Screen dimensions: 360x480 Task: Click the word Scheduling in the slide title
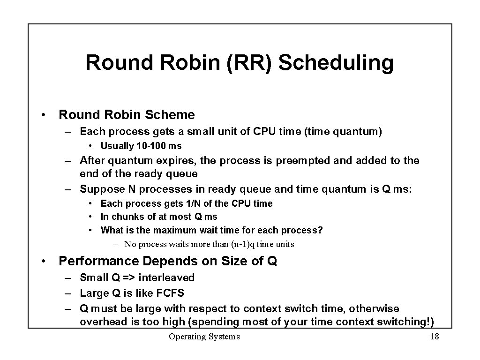point(336,63)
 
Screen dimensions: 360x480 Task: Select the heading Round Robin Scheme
point(127,114)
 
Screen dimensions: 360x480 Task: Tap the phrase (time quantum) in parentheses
point(343,131)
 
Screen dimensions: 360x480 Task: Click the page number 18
point(434,337)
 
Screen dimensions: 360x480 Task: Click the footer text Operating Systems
point(204,337)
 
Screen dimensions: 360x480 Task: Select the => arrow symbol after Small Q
point(129,277)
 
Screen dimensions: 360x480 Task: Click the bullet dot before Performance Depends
point(43,261)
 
